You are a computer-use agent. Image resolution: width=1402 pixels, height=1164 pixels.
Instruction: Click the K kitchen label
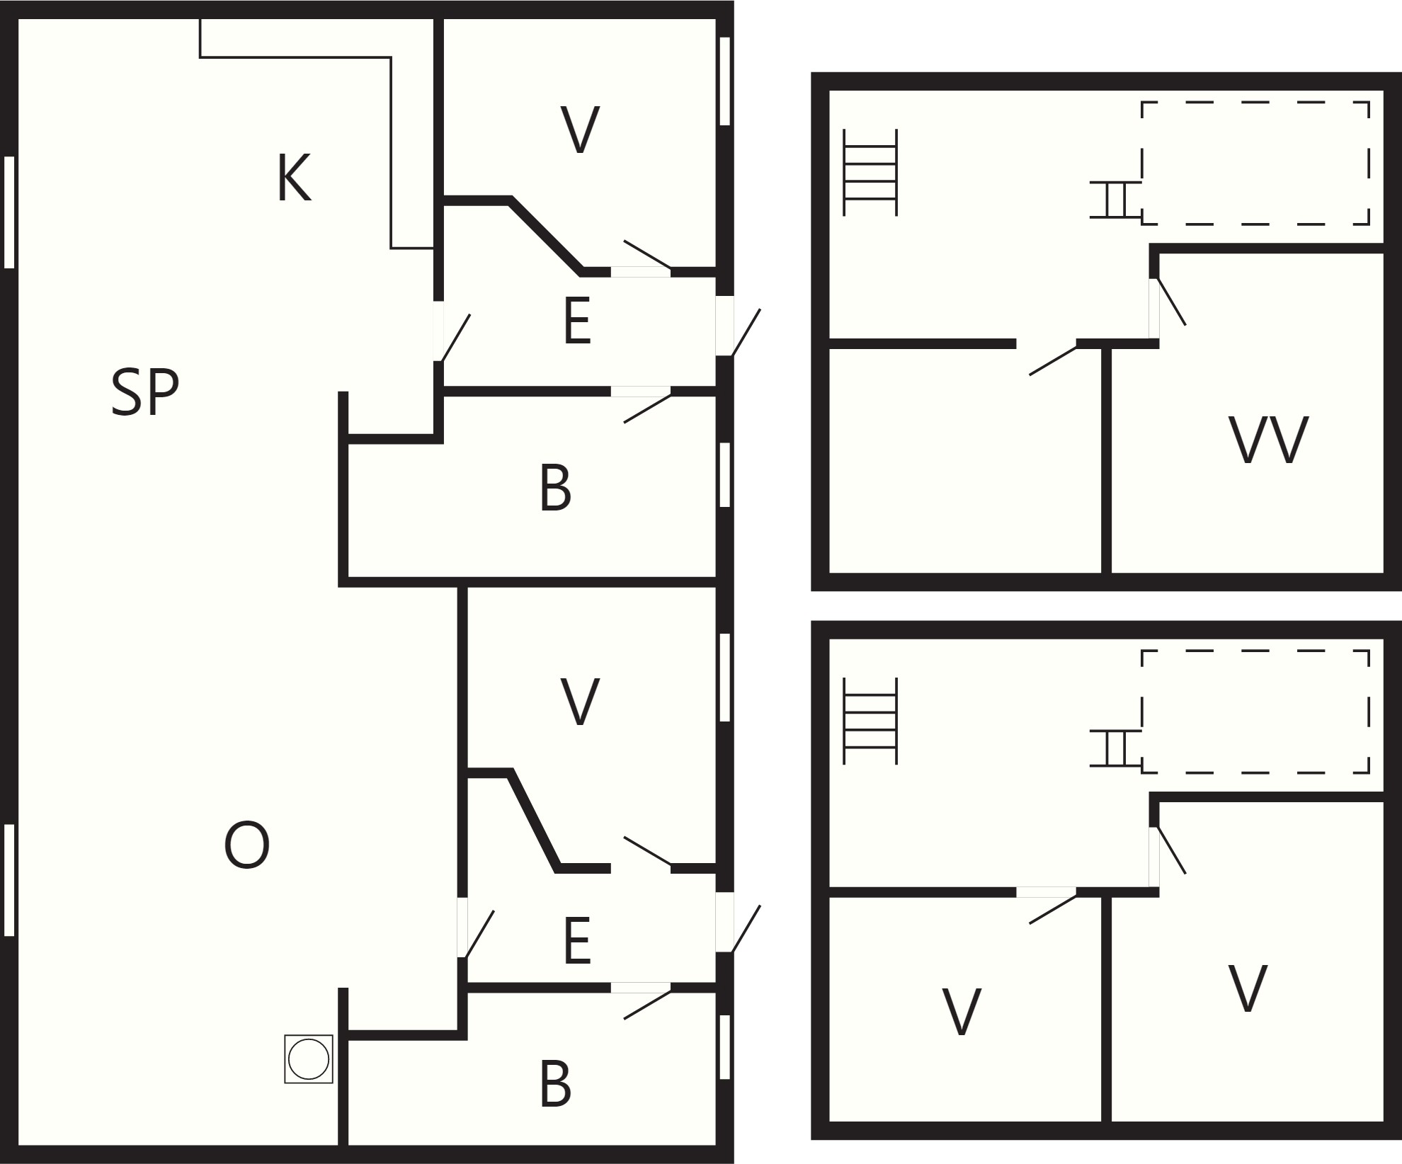[x=294, y=179]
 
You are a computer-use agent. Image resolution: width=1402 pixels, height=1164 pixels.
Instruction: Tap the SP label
[x=145, y=393]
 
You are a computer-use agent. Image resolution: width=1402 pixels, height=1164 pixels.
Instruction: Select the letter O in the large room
[x=246, y=845]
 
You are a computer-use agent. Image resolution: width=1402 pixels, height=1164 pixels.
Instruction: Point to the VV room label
[x=1268, y=440]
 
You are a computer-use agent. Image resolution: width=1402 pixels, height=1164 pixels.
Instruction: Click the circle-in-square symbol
[x=309, y=1059]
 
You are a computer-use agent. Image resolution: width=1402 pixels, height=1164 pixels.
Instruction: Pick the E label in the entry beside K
[x=577, y=321]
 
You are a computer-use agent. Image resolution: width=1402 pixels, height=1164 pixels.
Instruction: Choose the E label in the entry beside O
[x=577, y=940]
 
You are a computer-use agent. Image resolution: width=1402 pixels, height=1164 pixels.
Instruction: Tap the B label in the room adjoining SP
[x=555, y=489]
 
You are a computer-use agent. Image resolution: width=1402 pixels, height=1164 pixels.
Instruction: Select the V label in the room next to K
[x=580, y=130]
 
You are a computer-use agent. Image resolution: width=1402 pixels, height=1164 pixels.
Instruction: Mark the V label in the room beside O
[x=580, y=702]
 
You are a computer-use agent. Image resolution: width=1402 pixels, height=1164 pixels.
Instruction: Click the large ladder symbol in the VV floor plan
[x=870, y=172]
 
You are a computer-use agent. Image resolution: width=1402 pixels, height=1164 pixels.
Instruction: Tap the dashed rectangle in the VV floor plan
[x=1255, y=164]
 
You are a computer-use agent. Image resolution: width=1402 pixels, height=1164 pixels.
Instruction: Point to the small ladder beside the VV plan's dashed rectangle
[x=1115, y=200]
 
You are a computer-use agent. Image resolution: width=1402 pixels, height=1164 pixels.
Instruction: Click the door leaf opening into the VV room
[x=1170, y=302]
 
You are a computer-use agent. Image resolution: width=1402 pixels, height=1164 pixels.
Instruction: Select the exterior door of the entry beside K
[x=745, y=333]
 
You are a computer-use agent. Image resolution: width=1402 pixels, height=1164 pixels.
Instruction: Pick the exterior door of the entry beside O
[x=745, y=929]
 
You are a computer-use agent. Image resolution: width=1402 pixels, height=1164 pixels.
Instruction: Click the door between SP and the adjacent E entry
[x=455, y=338]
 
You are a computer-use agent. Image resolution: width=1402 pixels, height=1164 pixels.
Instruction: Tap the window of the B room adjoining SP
[x=724, y=474]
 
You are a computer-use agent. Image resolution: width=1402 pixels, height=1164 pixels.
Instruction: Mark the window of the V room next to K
[x=724, y=81]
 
